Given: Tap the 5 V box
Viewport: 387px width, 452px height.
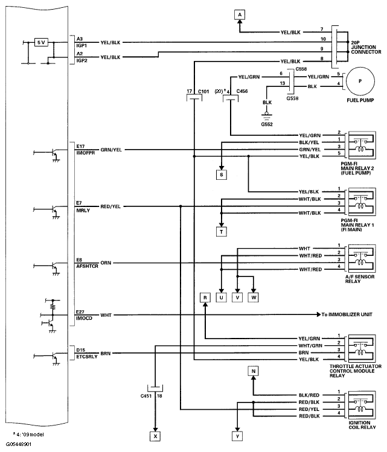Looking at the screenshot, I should coord(40,42).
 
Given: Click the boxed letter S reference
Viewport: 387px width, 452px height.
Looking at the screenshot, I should coord(222,175).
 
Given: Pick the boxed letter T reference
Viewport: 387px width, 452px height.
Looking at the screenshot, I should coord(222,231).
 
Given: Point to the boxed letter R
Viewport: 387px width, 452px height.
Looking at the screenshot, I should coord(205,298).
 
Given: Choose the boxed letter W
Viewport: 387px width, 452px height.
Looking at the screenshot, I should coord(254,298).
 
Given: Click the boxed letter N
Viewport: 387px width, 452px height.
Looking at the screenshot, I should coord(254,371).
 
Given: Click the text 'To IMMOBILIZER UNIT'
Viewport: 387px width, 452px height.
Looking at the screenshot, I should coord(351,315).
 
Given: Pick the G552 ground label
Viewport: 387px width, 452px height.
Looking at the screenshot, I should coord(266,124).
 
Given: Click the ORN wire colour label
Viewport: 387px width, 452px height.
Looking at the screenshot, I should coord(106,263).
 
